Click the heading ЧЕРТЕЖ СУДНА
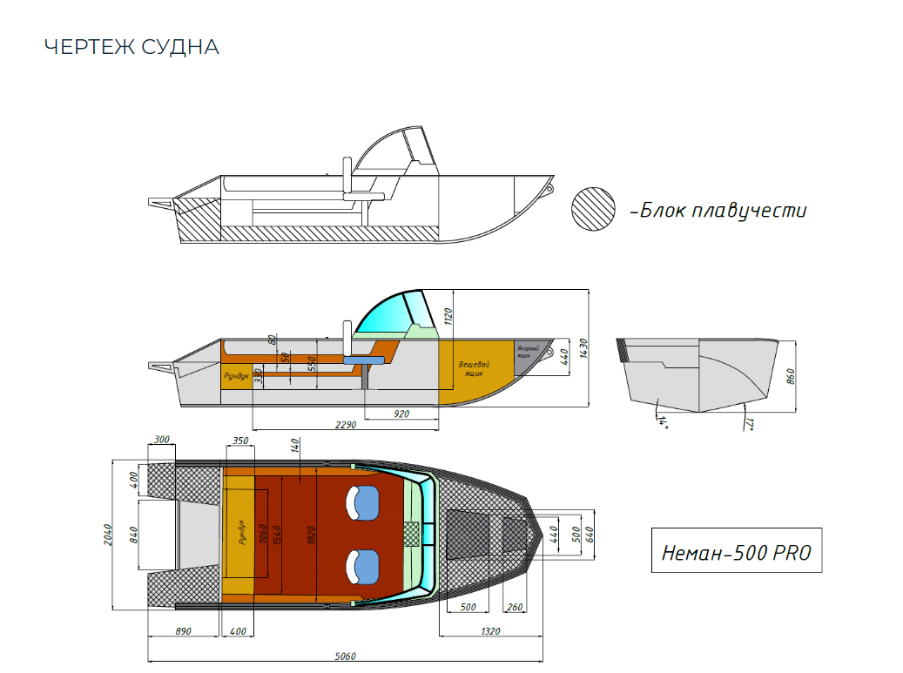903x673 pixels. pos(131,47)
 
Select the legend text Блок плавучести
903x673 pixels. pos(722,211)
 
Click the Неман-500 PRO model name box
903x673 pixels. pos(736,550)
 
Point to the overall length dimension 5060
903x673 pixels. pos(345,656)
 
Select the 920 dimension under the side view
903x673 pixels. pos(401,414)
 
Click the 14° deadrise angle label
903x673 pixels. pos(664,421)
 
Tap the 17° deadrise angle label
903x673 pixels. pos(749,424)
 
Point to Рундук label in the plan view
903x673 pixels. pos(241,531)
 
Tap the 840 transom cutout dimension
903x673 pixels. pos(133,534)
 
